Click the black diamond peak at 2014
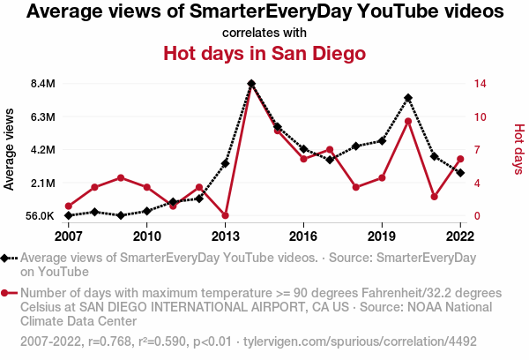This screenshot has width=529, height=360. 251,84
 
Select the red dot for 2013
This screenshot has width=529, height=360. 226,215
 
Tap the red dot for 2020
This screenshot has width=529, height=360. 408,122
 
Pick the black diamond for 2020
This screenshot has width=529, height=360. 408,98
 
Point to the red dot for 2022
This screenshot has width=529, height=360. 460,159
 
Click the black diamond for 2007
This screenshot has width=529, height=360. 69,215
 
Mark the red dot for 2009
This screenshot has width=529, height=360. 121,178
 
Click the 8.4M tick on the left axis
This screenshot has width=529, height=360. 42,84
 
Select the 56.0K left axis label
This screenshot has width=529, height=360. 40,216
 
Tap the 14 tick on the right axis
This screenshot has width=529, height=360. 481,84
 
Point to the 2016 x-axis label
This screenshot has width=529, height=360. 303,236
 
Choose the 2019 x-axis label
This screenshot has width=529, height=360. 382,236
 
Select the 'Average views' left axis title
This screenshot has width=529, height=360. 10,148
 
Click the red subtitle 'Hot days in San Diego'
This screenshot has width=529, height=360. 264,54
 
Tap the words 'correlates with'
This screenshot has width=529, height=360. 264,33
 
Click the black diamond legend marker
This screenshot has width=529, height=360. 7,258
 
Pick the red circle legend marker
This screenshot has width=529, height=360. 7,292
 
